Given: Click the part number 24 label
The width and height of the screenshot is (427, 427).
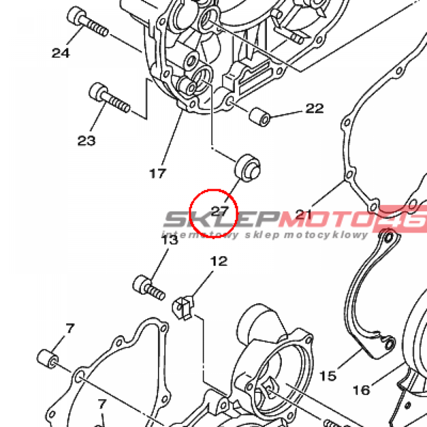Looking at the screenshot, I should point(60,53).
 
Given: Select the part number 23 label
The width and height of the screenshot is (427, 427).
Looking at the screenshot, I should point(86,141).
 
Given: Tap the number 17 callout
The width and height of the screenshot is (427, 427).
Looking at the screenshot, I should point(158,173).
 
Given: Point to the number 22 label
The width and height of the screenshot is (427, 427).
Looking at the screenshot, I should point(314,108).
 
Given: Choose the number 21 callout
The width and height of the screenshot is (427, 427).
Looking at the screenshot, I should point(304,215).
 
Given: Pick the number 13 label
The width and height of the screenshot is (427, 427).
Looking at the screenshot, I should point(170,240).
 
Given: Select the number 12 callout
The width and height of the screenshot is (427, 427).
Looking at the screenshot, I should point(219,261).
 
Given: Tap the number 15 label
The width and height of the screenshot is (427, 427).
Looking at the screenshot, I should point(328,376).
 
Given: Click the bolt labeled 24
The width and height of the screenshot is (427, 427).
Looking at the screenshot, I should point(87,23).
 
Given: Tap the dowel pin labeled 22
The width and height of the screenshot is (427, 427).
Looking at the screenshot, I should point(259,117).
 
